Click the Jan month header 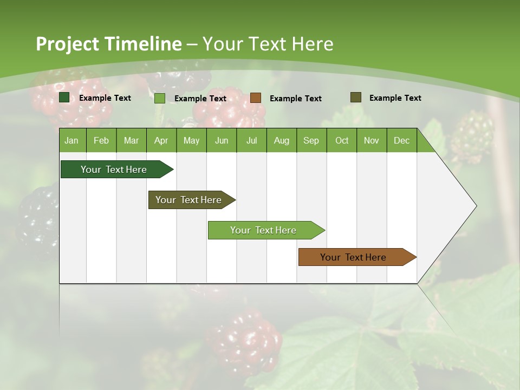tap(71, 140)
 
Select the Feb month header tap(101, 140)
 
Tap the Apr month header tap(161, 140)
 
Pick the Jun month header tap(222, 140)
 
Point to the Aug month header tap(281, 140)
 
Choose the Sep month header tap(311, 140)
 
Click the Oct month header tap(342, 140)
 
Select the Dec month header tap(401, 140)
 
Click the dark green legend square tap(64, 97)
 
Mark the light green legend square tap(160, 98)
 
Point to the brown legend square tap(256, 98)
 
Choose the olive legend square tap(355, 97)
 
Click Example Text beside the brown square tap(295, 99)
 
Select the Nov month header tap(372, 140)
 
